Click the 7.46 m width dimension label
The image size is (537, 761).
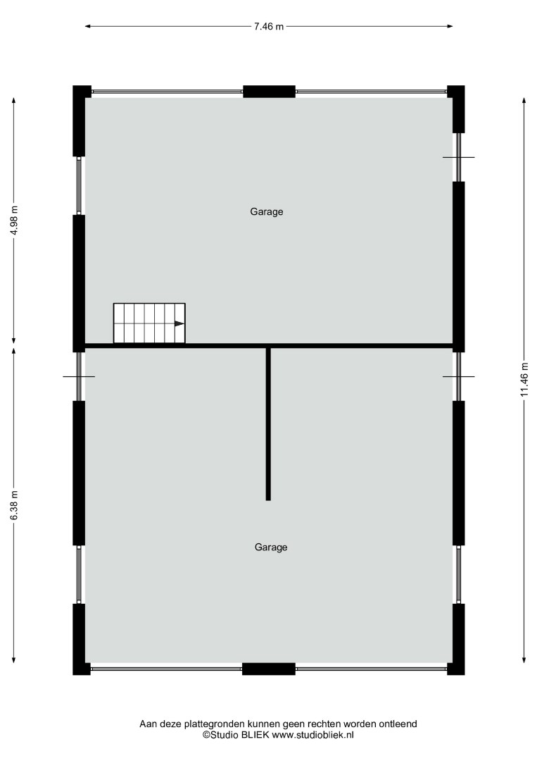click(269, 26)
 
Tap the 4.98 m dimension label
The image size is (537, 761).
click(15, 221)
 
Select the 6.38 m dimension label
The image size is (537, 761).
click(15, 505)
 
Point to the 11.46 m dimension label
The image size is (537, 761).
click(524, 380)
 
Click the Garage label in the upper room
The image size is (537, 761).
click(267, 211)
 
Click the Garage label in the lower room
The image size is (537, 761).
click(271, 547)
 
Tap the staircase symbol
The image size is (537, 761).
click(149, 323)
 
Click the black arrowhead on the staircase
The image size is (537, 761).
click(179, 323)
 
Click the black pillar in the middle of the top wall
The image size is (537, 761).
click(269, 91)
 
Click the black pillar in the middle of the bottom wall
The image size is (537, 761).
click(269, 669)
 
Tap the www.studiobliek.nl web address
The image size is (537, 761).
click(312, 735)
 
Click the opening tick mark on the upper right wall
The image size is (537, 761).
click(458, 157)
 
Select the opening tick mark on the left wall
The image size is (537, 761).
click(79, 376)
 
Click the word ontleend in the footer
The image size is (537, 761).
click(399, 724)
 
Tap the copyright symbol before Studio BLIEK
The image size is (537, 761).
click(206, 735)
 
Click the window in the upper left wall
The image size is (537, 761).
click(79, 185)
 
